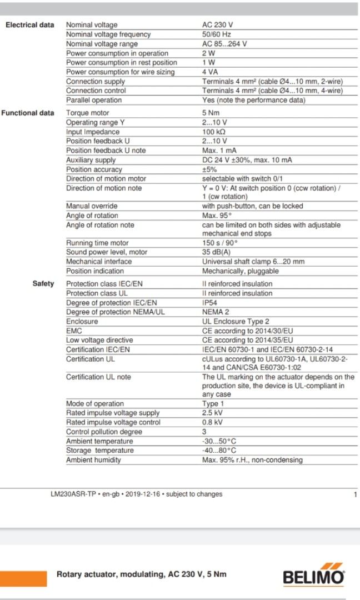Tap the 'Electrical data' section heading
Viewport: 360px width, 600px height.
coord(30,25)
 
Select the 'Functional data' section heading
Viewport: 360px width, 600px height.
coord(28,113)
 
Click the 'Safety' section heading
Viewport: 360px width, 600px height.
coord(43,284)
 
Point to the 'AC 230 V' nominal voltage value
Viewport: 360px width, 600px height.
coord(218,25)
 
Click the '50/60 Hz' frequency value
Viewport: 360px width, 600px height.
coord(217,34)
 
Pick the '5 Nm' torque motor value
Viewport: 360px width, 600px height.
coord(211,113)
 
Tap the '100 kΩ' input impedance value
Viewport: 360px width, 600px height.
coord(214,132)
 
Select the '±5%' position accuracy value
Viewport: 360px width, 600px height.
coord(209,169)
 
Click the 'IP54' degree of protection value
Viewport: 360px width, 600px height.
coord(210,303)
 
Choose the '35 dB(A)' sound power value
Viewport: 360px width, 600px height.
coord(217,252)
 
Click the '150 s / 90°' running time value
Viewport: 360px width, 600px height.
coord(220,243)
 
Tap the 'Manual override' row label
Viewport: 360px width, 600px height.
coord(92,206)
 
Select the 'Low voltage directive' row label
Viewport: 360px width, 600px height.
coord(99,340)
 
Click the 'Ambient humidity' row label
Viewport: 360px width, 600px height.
coord(93,460)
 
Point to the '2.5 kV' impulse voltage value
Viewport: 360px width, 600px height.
coord(212,413)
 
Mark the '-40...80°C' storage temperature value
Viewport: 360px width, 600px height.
coord(219,451)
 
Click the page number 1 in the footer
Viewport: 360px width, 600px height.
coord(355,494)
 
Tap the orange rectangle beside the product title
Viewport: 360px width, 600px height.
coord(23,578)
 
